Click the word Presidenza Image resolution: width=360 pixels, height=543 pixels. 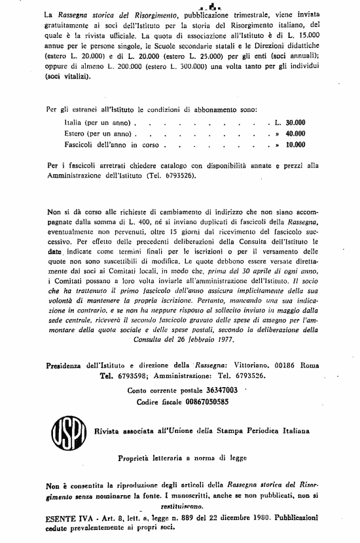tap(71, 365)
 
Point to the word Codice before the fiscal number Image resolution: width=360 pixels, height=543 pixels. tap(144, 401)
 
